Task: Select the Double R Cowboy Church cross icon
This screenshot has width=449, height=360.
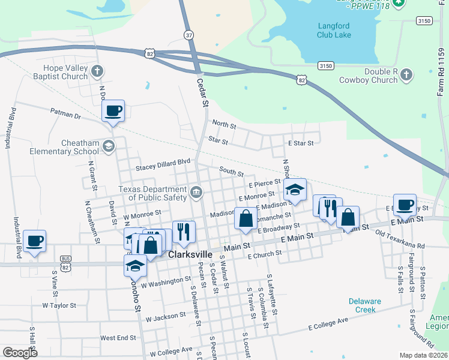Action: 406,75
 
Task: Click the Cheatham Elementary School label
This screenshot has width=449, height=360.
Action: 64,148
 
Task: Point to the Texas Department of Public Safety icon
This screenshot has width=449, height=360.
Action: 196,193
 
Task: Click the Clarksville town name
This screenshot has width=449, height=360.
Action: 191,254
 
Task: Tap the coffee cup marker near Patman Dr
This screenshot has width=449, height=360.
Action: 113,111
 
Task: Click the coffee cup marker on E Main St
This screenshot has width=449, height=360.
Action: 405,205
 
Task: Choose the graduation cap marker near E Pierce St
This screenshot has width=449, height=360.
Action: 294,190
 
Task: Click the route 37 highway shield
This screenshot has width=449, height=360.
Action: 189,35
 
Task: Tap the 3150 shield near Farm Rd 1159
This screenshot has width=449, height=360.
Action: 424,21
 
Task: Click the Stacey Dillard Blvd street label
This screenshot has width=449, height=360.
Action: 163,161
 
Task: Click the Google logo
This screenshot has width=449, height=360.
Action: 20,353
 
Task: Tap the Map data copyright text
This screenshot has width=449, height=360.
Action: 424,355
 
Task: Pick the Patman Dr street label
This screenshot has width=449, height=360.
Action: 65,114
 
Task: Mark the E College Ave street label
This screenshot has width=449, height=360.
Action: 328,325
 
